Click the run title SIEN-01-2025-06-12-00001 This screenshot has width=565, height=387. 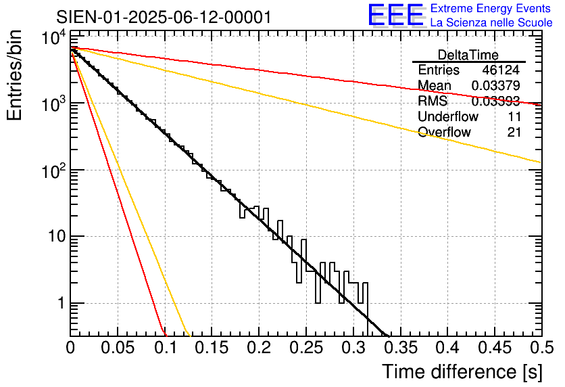[164, 17]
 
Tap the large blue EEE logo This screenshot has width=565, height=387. [395, 16]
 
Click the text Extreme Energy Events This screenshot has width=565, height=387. [491, 9]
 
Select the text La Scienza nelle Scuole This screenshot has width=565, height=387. [491, 23]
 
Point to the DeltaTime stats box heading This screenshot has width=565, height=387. [468, 55]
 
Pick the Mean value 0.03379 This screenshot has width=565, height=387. [495, 85]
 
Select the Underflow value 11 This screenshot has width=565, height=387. [514, 116]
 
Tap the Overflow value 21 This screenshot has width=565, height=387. [514, 132]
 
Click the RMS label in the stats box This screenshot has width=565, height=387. [433, 101]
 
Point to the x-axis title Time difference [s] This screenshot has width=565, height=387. [462, 371]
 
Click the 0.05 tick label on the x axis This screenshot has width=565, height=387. [118, 348]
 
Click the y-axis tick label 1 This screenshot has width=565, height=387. [60, 304]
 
